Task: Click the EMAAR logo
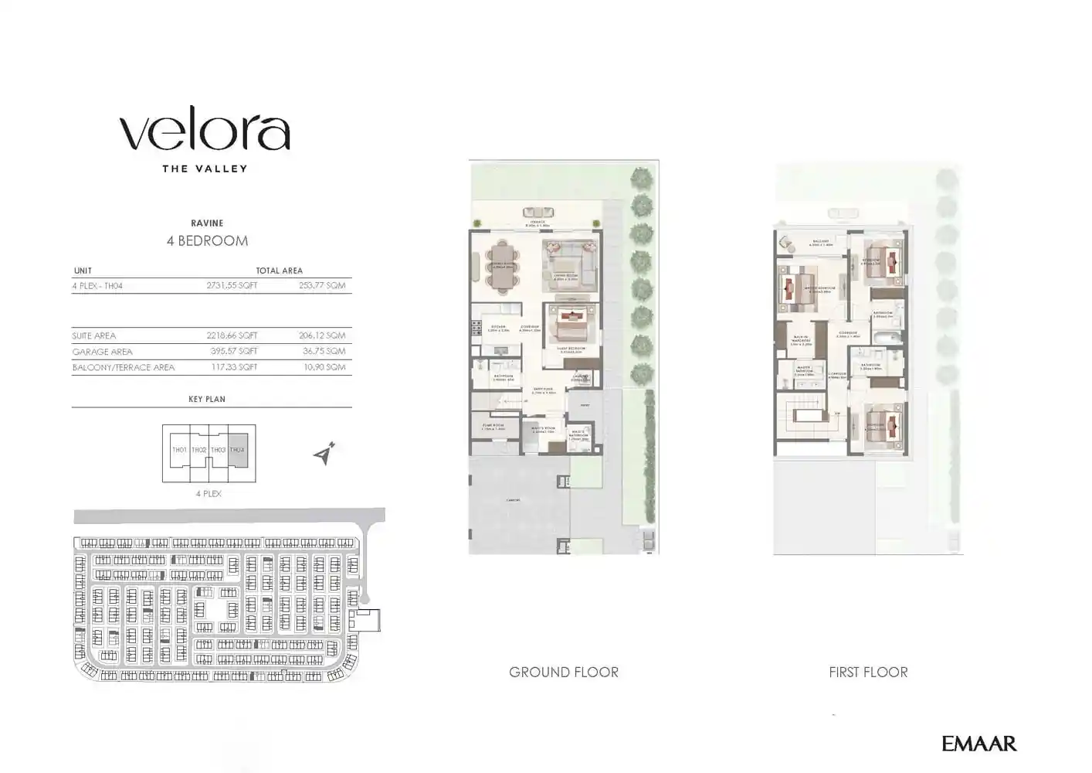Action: pyautogui.click(x=978, y=744)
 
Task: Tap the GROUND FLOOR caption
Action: pyautogui.click(x=564, y=673)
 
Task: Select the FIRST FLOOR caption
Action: pyautogui.click(x=868, y=673)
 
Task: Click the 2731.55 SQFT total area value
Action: pyautogui.click(x=232, y=285)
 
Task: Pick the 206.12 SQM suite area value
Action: pyautogui.click(x=322, y=335)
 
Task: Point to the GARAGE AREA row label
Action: pyautogui.click(x=103, y=352)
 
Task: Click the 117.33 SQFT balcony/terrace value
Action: pyautogui.click(x=232, y=367)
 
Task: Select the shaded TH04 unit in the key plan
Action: pyautogui.click(x=238, y=449)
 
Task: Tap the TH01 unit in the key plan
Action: pyautogui.click(x=179, y=450)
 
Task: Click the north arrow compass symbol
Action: pyautogui.click(x=325, y=455)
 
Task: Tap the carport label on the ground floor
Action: pyautogui.click(x=513, y=500)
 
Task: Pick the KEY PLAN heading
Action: pyautogui.click(x=207, y=400)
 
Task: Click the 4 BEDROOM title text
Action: pyautogui.click(x=207, y=241)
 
